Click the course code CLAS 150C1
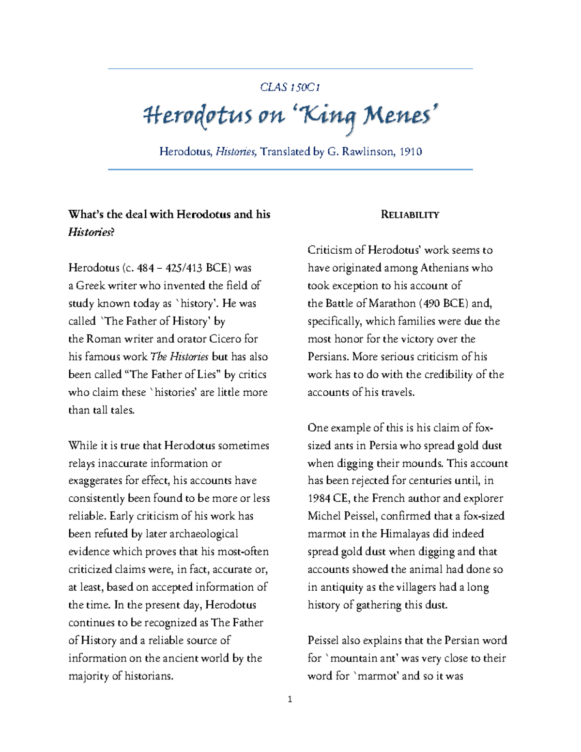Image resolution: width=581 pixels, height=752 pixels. click(x=290, y=87)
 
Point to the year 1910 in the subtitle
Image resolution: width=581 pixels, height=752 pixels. click(x=411, y=152)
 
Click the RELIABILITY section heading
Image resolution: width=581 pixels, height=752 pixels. click(x=410, y=215)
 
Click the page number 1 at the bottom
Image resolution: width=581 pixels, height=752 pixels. click(x=290, y=699)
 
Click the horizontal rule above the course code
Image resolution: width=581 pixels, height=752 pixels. click(x=290, y=69)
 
